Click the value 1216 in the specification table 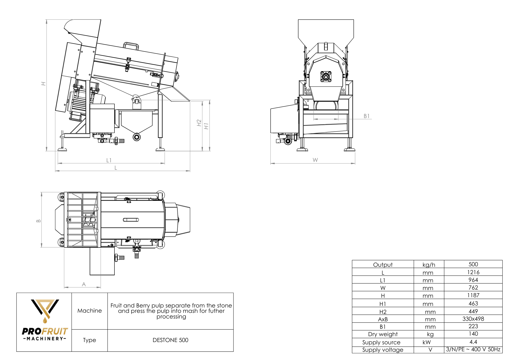473,272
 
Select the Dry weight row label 383,334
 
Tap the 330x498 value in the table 473,319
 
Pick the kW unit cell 426,342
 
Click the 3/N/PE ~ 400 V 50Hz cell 473,349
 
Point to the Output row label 383,265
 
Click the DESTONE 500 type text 170,340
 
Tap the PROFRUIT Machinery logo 45,320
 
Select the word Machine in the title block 90,311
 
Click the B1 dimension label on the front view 367,116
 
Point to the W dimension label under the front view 315,160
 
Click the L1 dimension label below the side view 109,160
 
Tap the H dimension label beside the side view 44,84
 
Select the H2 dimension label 199,123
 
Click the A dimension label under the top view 84,284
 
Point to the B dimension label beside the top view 38,221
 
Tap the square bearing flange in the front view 326,77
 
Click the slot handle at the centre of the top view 131,220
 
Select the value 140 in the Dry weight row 473,334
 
